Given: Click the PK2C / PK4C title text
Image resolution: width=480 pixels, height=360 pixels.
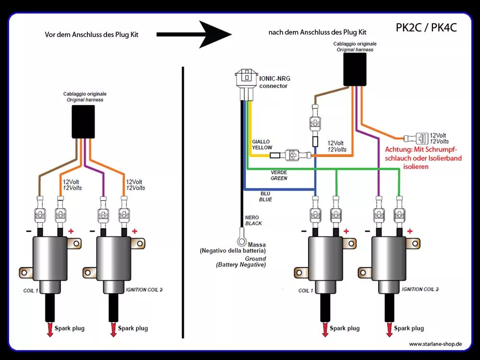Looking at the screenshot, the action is [426, 27].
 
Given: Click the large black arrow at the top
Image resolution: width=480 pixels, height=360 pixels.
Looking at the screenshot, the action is [194, 34].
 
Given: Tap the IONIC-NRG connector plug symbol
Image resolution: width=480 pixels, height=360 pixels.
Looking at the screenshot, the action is [246, 84].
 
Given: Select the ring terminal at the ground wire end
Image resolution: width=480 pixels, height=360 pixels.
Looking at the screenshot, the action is [242, 241].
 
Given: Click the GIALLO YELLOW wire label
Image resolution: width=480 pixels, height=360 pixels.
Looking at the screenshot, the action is [262, 144].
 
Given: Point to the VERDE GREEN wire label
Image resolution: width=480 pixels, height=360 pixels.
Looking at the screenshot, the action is [279, 175].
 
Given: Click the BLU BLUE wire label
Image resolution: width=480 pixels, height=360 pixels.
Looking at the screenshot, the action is [265, 196].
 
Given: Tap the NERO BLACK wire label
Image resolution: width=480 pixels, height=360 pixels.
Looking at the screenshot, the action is [253, 220].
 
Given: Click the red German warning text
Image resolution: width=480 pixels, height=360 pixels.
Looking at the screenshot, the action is [423, 158].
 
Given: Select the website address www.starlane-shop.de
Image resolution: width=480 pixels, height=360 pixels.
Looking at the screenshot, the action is [435, 344].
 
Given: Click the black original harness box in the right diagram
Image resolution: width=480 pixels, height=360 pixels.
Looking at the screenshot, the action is [355, 70].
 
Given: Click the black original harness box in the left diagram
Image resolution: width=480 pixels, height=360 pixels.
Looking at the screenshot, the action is [83, 122].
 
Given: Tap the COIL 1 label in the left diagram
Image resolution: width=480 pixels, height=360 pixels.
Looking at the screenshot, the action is [31, 290].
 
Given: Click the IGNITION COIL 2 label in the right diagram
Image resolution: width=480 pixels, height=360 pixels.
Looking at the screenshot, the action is [420, 289].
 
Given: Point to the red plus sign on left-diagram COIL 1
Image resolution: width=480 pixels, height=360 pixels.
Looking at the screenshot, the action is [71, 231].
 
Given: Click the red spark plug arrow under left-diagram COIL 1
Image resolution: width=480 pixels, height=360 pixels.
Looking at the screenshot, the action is [50, 329].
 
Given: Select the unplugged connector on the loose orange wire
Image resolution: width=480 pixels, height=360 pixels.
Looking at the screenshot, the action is [416, 138].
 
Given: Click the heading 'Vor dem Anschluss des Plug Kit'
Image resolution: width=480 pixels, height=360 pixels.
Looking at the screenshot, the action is [92, 35].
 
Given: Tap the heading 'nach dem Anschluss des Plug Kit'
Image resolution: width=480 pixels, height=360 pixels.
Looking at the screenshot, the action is [317, 32].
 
